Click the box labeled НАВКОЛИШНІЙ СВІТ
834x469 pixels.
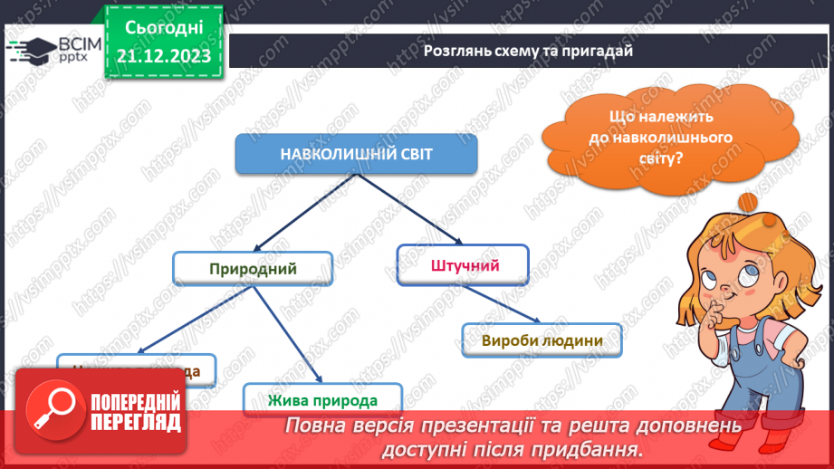356,154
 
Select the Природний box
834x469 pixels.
253,269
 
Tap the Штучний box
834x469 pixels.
463,264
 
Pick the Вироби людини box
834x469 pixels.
542,341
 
